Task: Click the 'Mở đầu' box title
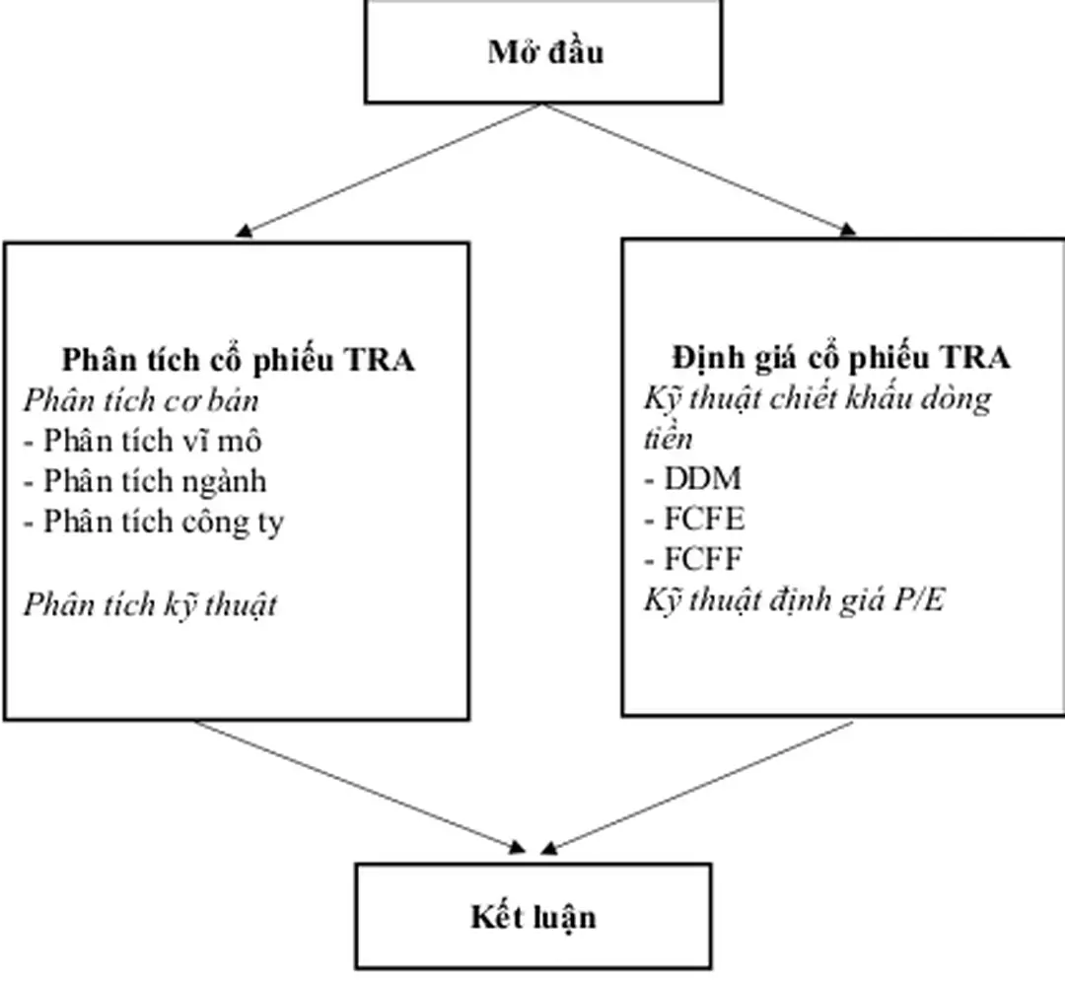coord(544,51)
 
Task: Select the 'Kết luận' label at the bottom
coord(532,917)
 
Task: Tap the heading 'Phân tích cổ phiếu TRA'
coord(238,359)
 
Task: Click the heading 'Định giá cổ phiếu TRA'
coord(840,357)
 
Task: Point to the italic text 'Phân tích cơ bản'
coord(141,400)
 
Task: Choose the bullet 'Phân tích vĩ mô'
coord(143,441)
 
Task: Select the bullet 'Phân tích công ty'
coord(154,522)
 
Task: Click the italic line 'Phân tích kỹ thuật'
coord(150,603)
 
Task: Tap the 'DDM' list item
coord(692,479)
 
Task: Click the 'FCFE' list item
coord(694,520)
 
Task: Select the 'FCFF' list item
coord(693,560)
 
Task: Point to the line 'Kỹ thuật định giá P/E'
coord(794,599)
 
